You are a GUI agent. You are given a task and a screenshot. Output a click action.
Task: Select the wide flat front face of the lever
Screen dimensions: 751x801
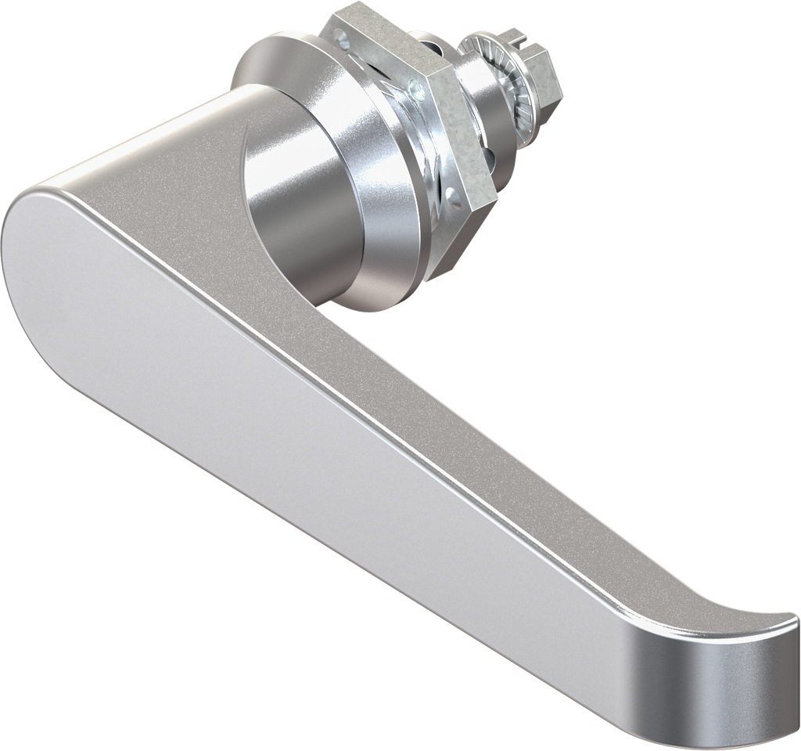click(x=313, y=439)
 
